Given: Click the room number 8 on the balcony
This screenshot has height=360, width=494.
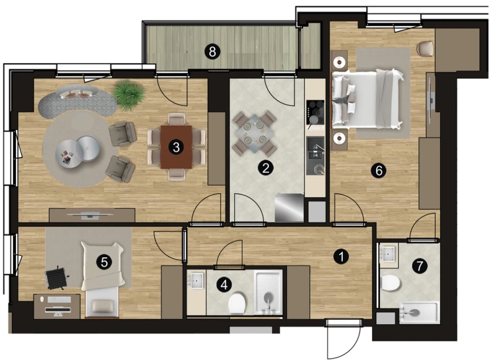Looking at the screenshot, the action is pyautogui.click(x=213, y=51).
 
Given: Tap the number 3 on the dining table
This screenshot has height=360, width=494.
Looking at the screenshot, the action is pyautogui.click(x=176, y=147).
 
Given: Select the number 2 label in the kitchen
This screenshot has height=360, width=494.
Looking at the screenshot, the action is pyautogui.click(x=265, y=168).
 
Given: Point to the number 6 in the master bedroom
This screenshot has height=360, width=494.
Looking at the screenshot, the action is pyautogui.click(x=378, y=170).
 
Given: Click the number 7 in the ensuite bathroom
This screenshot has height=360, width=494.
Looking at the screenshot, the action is pyautogui.click(x=420, y=266).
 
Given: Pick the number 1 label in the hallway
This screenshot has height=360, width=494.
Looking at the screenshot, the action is pyautogui.click(x=341, y=257).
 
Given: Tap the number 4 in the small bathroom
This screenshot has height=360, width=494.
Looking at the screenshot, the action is pyautogui.click(x=224, y=285).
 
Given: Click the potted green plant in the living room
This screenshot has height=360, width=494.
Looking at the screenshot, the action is pyautogui.click(x=129, y=95).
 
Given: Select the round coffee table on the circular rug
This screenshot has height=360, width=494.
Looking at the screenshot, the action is pyautogui.click(x=78, y=152).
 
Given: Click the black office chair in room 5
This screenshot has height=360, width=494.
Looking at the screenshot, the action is pyautogui.click(x=57, y=278).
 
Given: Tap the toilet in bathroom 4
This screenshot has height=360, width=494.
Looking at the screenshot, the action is pyautogui.click(x=237, y=304).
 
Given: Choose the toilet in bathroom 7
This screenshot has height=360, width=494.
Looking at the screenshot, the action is pyautogui.click(x=390, y=283).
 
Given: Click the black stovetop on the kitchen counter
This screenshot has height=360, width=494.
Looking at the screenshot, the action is pyautogui.click(x=315, y=112).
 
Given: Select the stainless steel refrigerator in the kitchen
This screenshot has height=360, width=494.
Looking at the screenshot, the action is pyautogui.click(x=289, y=208).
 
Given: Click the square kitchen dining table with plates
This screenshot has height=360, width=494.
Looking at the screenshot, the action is pyautogui.click(x=254, y=134).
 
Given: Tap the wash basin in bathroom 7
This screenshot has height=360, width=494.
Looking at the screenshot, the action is pyautogui.click(x=389, y=254).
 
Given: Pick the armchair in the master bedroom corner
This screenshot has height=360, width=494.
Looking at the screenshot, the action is pyautogui.click(x=425, y=50).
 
